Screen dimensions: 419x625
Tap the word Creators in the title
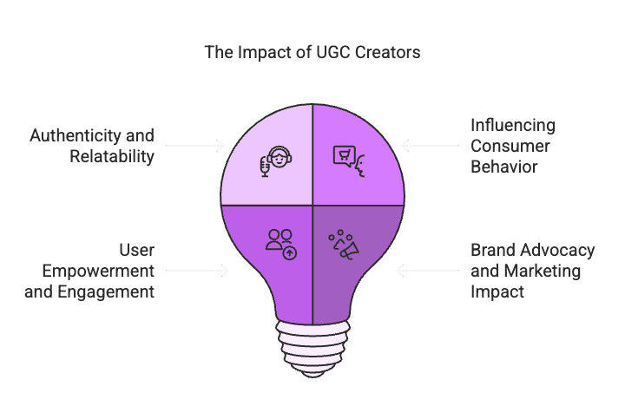point(391,52)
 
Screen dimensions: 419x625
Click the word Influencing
point(512,127)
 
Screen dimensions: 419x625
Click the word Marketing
point(546,271)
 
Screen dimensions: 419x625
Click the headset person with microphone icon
point(274,161)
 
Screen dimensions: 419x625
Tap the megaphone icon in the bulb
point(343,245)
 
